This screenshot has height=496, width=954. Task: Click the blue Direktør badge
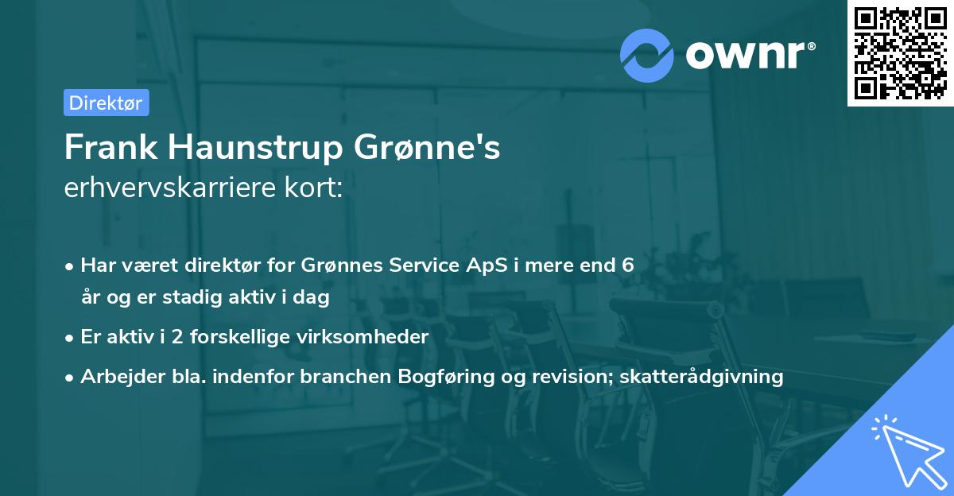[x=107, y=103]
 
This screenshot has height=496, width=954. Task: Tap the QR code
[x=900, y=53]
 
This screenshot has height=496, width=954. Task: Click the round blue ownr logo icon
[x=646, y=56]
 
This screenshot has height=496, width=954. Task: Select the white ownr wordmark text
[x=750, y=55]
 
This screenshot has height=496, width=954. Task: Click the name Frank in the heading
[x=111, y=147]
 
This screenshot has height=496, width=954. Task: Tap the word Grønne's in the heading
[x=427, y=147]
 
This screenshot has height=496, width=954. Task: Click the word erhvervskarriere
[x=170, y=188]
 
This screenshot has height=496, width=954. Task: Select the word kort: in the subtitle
[x=313, y=188]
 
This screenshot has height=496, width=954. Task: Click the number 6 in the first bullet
[x=628, y=265]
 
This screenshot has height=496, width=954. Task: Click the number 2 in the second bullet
[x=177, y=337]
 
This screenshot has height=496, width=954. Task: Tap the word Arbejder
[x=122, y=377]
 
